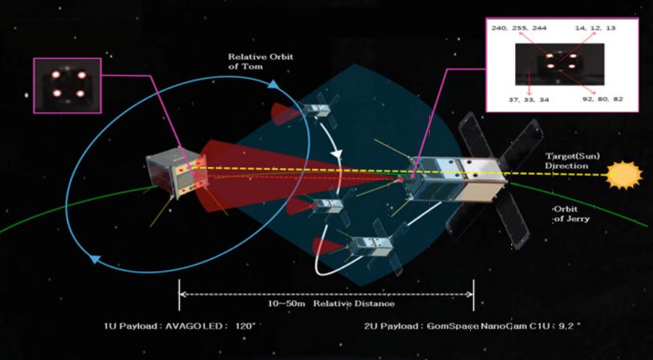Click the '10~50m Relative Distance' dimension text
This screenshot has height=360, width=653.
pyautogui.click(x=327, y=303)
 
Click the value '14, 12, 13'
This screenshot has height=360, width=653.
pyautogui.click(x=597, y=28)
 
